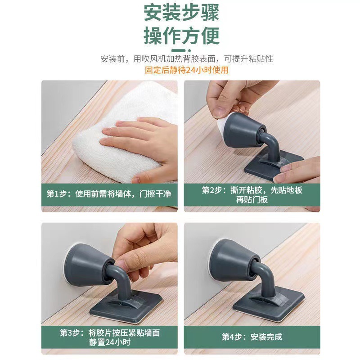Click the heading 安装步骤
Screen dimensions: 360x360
tap(181, 13)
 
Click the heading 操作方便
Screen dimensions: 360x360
tap(181, 36)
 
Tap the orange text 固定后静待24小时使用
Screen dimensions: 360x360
tap(186, 70)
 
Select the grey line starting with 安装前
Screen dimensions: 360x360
tap(187, 59)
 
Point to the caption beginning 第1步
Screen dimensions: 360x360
tap(109, 194)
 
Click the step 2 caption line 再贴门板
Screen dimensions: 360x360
tap(252, 200)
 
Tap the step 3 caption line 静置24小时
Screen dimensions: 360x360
tap(110, 342)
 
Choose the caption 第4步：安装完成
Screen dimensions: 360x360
tap(252, 337)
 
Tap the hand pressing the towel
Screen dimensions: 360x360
tap(142, 147)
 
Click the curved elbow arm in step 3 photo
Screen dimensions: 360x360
tap(119, 279)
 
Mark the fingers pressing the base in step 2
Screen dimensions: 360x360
tap(296, 170)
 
